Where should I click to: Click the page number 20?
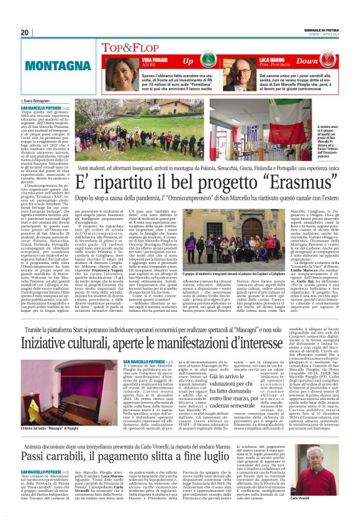coord(25,32)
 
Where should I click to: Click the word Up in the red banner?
coord(187,61)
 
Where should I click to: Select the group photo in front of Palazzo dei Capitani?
coord(233,236)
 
